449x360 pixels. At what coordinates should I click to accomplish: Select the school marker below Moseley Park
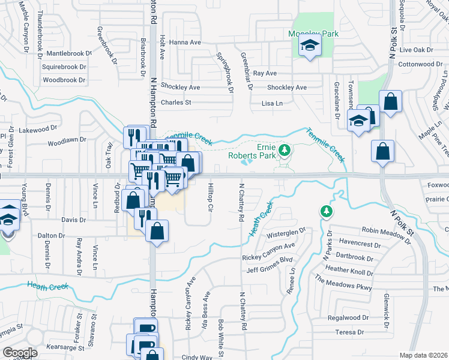pyautogui.click(x=310, y=46)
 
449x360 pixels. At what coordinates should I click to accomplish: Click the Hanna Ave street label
pyautogui.click(x=185, y=43)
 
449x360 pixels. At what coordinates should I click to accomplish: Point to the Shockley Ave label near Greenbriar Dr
pyautogui.click(x=287, y=88)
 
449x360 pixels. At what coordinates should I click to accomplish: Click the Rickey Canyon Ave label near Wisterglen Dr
pyautogui.click(x=268, y=246)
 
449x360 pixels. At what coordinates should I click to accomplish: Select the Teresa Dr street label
pyautogui.click(x=350, y=332)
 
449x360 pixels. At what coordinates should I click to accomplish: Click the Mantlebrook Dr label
pyautogui.click(x=67, y=53)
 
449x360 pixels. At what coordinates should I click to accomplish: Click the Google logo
pyautogui.click(x=20, y=353)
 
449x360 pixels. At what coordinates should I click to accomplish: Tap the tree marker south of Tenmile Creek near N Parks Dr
pyautogui.click(x=326, y=211)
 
